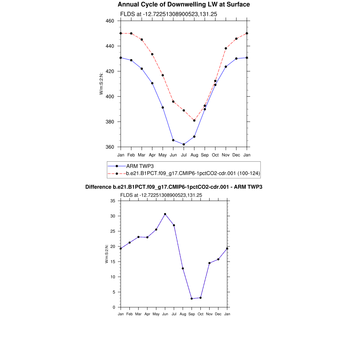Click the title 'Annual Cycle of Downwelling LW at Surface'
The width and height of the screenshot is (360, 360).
[184, 5]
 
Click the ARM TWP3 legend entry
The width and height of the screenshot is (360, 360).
[140, 166]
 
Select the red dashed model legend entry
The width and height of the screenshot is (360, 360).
[193, 173]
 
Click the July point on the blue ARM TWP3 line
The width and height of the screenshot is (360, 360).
[184, 144]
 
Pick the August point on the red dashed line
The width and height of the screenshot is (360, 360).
[194, 121]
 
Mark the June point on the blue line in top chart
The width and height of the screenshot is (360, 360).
[173, 140]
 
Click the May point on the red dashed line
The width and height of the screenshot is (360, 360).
[163, 75]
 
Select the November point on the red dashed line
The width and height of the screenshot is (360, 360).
[226, 48]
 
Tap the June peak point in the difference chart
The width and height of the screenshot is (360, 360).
[165, 214]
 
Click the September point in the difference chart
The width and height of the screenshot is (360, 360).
[192, 298]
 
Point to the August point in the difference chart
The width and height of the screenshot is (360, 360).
[183, 269]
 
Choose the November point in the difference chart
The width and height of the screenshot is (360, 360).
[210, 263]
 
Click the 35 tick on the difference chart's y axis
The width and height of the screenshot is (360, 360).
[113, 201]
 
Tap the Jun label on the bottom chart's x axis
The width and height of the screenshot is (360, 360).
[165, 314]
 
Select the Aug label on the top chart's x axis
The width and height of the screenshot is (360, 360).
[194, 155]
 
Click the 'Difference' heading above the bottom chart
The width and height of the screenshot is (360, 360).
[174, 187]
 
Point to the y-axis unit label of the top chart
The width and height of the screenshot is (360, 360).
[101, 83]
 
